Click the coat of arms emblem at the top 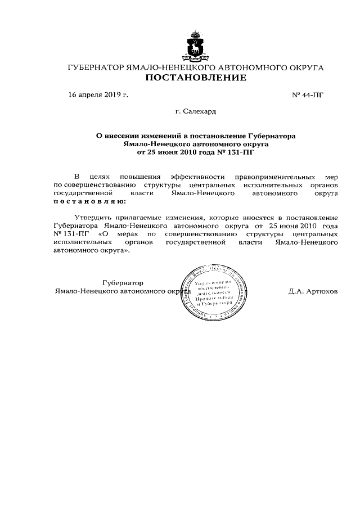click(x=195, y=47)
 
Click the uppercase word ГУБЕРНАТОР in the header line click(x=95, y=67)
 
